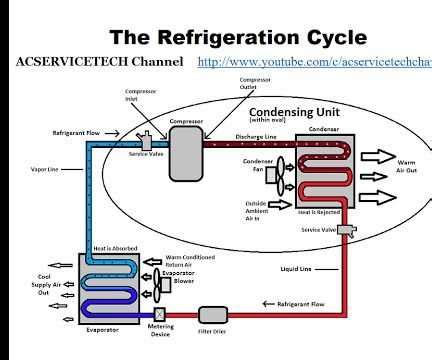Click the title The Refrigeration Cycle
point(237,37)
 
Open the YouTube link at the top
point(314,62)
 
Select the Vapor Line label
point(47,169)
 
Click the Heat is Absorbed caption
point(109,248)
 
